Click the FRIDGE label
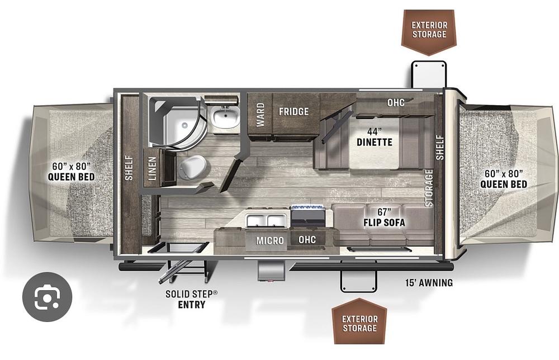point(293,111)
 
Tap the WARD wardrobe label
point(260,114)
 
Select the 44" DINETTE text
point(374,137)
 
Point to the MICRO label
point(270,240)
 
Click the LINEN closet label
point(152,168)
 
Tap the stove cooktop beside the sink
point(308,215)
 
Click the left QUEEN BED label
point(71,172)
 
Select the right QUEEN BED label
point(503,179)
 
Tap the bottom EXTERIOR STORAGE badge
point(359,324)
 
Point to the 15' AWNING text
point(429,283)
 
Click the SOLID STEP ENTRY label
point(191,299)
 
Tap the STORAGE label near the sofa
point(429,188)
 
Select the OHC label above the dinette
point(396,102)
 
